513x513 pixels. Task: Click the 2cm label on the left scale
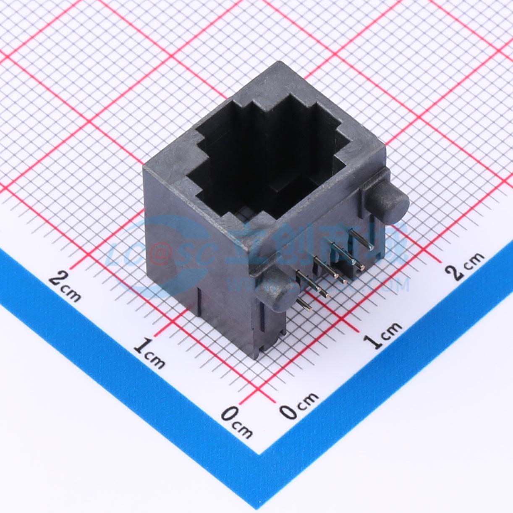tap(65, 285)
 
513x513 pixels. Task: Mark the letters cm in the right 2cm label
tap(474, 260)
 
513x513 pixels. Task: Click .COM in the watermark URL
tap(388, 285)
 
